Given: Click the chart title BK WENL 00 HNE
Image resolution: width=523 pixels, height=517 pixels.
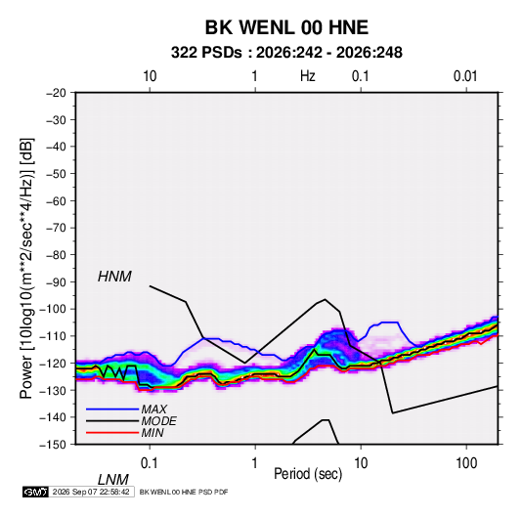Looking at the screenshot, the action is [286, 27].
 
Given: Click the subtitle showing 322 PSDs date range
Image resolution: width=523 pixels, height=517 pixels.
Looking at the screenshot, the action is [286, 53].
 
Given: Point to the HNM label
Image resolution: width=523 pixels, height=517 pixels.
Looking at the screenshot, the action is [114, 277].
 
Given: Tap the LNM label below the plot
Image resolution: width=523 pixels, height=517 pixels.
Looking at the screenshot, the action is [112, 480].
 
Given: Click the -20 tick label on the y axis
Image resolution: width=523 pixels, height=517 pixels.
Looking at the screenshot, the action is [56, 93].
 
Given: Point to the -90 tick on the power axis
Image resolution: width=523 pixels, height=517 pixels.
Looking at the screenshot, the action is [56, 281].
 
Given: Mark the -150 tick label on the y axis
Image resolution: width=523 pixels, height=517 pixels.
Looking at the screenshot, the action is [53, 445].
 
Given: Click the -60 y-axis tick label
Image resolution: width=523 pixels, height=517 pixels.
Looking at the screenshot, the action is [56, 200].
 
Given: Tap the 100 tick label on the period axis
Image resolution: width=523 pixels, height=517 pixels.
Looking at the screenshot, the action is [466, 463].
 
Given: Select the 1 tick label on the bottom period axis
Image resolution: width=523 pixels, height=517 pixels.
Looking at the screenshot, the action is [255, 463].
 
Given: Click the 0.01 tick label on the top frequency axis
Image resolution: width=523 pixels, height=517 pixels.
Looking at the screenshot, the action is [465, 76].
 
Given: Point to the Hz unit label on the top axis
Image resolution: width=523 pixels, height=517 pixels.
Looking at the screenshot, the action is [308, 76].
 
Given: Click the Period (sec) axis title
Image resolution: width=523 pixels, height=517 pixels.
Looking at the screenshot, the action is [308, 474].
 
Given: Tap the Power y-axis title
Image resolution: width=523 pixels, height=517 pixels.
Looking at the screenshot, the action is [26, 269].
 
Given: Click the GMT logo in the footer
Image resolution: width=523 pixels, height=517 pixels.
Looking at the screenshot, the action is [36, 492].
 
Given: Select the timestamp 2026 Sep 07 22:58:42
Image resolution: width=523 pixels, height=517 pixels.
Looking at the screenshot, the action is [91, 492].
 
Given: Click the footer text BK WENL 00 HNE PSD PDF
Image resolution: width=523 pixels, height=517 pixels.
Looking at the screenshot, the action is [184, 492].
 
